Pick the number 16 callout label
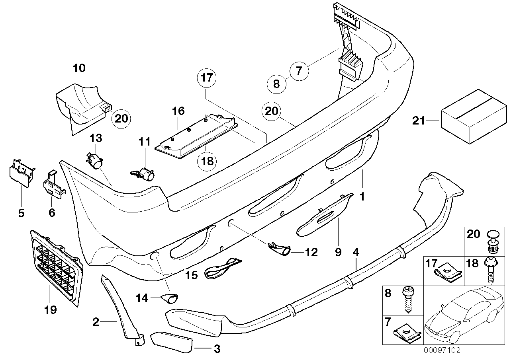178,111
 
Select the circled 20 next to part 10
122,118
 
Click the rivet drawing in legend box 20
492,243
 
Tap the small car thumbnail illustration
462,315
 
